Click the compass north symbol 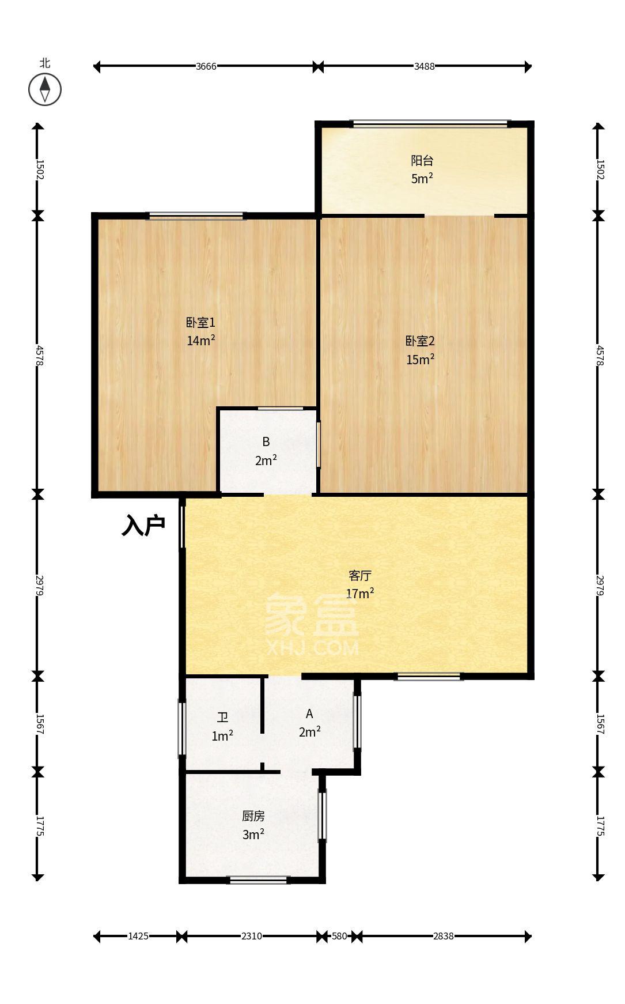[x=45, y=89]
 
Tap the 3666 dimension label [x=206, y=66]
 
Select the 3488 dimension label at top [x=425, y=66]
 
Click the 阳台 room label [x=422, y=161]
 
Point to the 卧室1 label [x=200, y=323]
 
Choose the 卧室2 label [x=420, y=341]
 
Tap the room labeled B [x=266, y=442]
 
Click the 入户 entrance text [x=143, y=526]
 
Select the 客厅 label [x=360, y=575]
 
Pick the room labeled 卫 [x=222, y=718]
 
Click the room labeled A [x=309, y=714]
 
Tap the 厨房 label [x=253, y=816]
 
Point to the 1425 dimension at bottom [x=138, y=936]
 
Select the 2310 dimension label [x=252, y=936]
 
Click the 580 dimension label [x=339, y=936]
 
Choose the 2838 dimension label [x=444, y=936]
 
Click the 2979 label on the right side [x=599, y=585]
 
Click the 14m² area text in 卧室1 [x=200, y=341]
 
